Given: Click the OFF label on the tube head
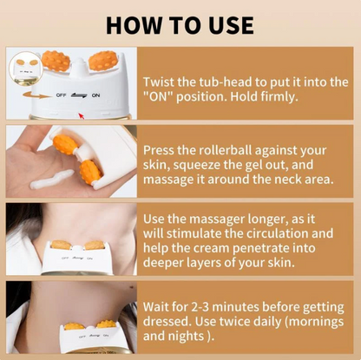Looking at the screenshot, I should pyautogui.click(x=62, y=97).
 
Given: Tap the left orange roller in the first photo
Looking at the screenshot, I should pyautogui.click(x=57, y=60).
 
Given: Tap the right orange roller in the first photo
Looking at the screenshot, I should pyautogui.click(x=102, y=62).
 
